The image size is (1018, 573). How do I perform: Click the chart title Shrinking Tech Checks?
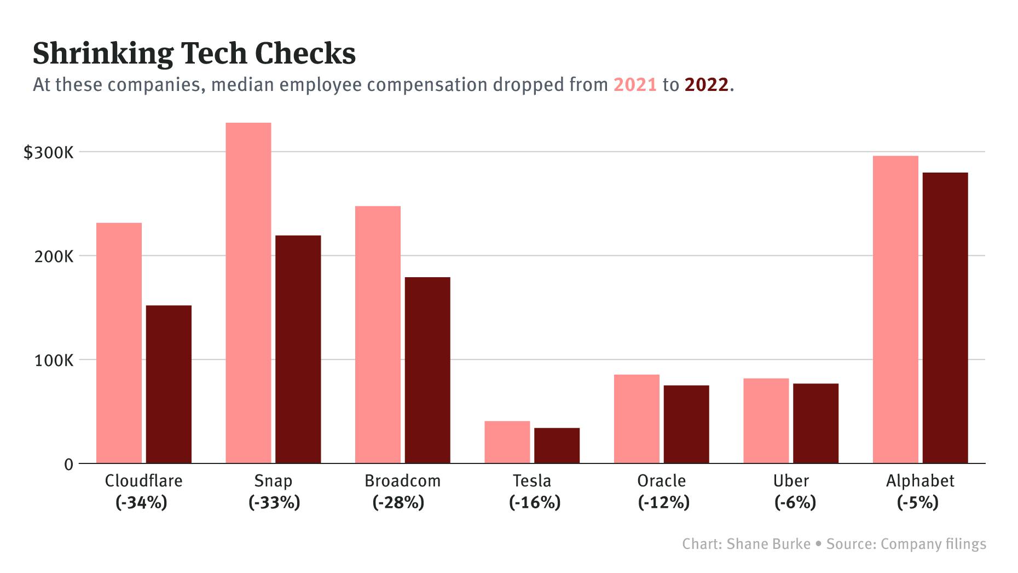[194, 54]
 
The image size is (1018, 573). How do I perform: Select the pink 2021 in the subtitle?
[635, 85]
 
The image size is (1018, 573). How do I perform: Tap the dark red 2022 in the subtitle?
[707, 85]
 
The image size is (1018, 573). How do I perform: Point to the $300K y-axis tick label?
[48, 153]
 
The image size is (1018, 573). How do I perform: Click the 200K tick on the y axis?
[54, 256]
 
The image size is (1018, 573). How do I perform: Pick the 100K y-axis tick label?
[54, 360]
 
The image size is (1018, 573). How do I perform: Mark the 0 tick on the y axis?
[68, 465]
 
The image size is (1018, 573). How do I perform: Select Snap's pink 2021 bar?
[248, 293]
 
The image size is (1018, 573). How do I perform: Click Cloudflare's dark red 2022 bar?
[169, 384]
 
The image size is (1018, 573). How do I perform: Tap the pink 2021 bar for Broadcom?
[378, 334]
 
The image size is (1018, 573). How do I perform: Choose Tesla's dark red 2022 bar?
[557, 445]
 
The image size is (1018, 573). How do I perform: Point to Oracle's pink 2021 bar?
[637, 419]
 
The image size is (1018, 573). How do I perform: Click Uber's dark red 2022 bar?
[815, 423]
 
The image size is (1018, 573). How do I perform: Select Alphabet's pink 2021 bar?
[895, 310]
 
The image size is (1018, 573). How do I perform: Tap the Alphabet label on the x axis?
[920, 481]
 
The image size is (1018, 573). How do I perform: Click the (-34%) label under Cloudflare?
[141, 502]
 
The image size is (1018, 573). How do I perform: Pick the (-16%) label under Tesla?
[535, 502]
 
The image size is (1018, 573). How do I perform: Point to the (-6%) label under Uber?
[795, 502]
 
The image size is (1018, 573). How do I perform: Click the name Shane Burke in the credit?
[768, 544]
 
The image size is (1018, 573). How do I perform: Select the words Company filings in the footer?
[933, 544]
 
